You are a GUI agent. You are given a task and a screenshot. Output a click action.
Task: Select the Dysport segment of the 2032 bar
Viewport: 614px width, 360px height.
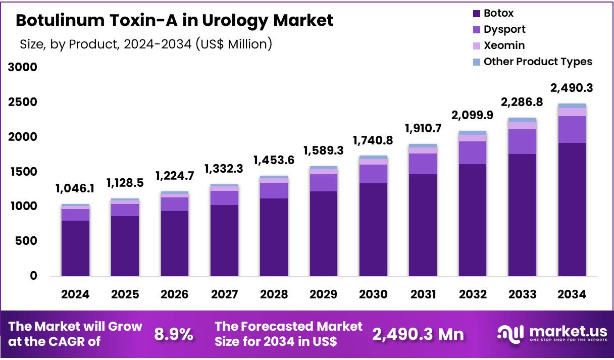click(473, 152)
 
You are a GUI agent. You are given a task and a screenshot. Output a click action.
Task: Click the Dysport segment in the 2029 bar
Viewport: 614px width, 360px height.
click(324, 183)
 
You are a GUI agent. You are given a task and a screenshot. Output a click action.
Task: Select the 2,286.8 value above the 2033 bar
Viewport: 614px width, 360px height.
click(522, 102)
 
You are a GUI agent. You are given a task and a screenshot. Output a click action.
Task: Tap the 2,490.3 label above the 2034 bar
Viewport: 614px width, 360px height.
click(572, 88)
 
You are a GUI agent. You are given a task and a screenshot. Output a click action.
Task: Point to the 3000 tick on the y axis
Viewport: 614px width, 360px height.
click(23, 67)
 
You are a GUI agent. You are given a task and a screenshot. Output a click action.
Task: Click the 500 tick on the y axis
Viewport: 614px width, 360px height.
click(26, 241)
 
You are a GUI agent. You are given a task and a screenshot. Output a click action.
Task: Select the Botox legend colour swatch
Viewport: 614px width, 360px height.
click(477, 14)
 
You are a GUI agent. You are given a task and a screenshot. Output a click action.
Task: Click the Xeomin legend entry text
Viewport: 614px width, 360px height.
click(504, 45)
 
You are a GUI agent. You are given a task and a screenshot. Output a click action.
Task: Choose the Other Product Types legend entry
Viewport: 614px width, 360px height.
click(537, 62)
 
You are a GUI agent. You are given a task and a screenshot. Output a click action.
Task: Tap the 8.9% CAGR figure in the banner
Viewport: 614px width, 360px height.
click(173, 334)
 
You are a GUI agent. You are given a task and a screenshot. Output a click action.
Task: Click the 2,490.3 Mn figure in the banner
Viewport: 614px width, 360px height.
click(418, 334)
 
